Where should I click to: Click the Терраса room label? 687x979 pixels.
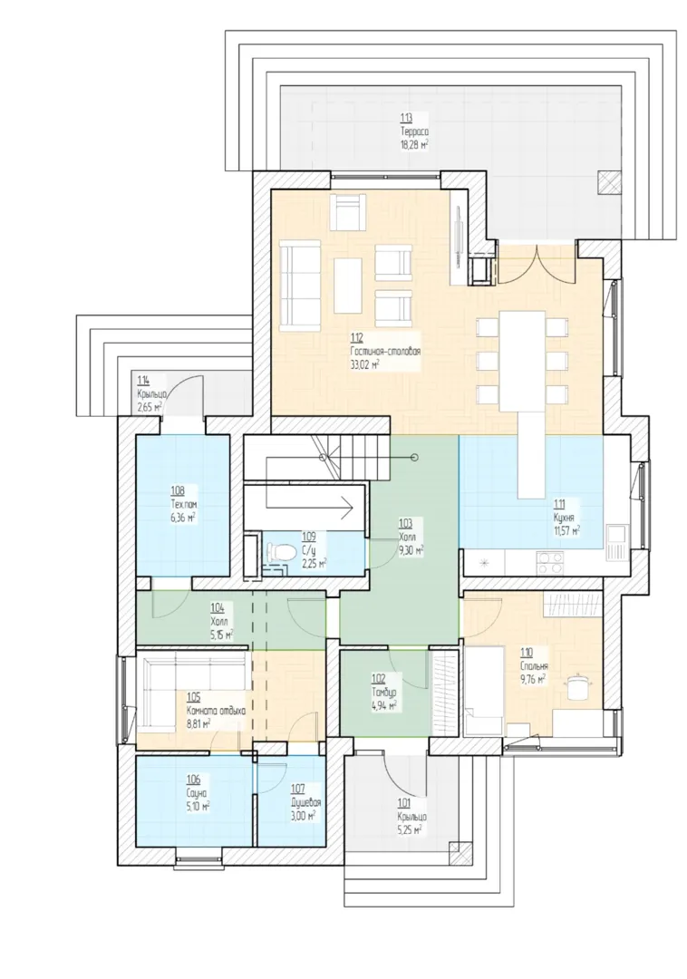click(414, 131)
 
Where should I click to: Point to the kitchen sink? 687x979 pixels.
click(615, 542)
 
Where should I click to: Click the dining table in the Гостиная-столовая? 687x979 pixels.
click(522, 359)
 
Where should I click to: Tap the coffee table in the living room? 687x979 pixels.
click(348, 286)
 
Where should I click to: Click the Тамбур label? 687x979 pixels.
click(383, 693)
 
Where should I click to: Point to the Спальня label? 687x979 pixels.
click(534, 667)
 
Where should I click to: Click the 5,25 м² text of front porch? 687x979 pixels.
click(410, 829)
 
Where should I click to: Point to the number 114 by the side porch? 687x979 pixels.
click(143, 381)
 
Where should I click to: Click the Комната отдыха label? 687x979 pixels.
click(216, 712)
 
